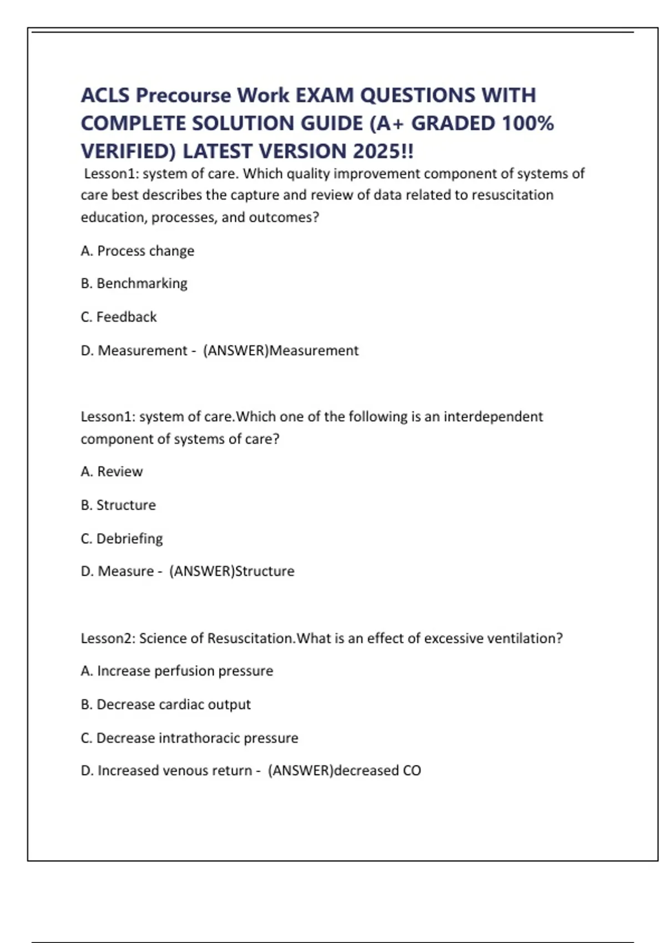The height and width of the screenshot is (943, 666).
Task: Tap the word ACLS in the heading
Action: point(105,95)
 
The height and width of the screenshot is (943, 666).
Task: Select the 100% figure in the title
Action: point(527,123)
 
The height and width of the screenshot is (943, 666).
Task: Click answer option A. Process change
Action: point(137,251)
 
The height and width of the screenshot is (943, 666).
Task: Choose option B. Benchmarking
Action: point(134,283)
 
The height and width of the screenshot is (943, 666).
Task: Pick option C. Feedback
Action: point(118,317)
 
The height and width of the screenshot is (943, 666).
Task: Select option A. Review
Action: point(112,471)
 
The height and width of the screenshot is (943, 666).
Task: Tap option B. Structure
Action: point(118,505)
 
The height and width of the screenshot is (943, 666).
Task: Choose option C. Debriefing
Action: point(122,538)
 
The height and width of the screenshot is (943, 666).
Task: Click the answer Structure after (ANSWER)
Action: point(265,571)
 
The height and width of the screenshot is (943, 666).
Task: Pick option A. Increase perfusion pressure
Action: point(176,671)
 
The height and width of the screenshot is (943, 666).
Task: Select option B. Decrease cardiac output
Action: point(165,704)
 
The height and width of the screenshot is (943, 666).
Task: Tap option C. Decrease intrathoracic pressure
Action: point(189,738)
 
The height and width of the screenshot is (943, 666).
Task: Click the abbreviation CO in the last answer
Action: point(412,770)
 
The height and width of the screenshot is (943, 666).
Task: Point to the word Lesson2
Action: point(108,638)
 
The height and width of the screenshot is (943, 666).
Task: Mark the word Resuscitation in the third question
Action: point(250,638)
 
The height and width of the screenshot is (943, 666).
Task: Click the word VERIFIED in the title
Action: point(128,151)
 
